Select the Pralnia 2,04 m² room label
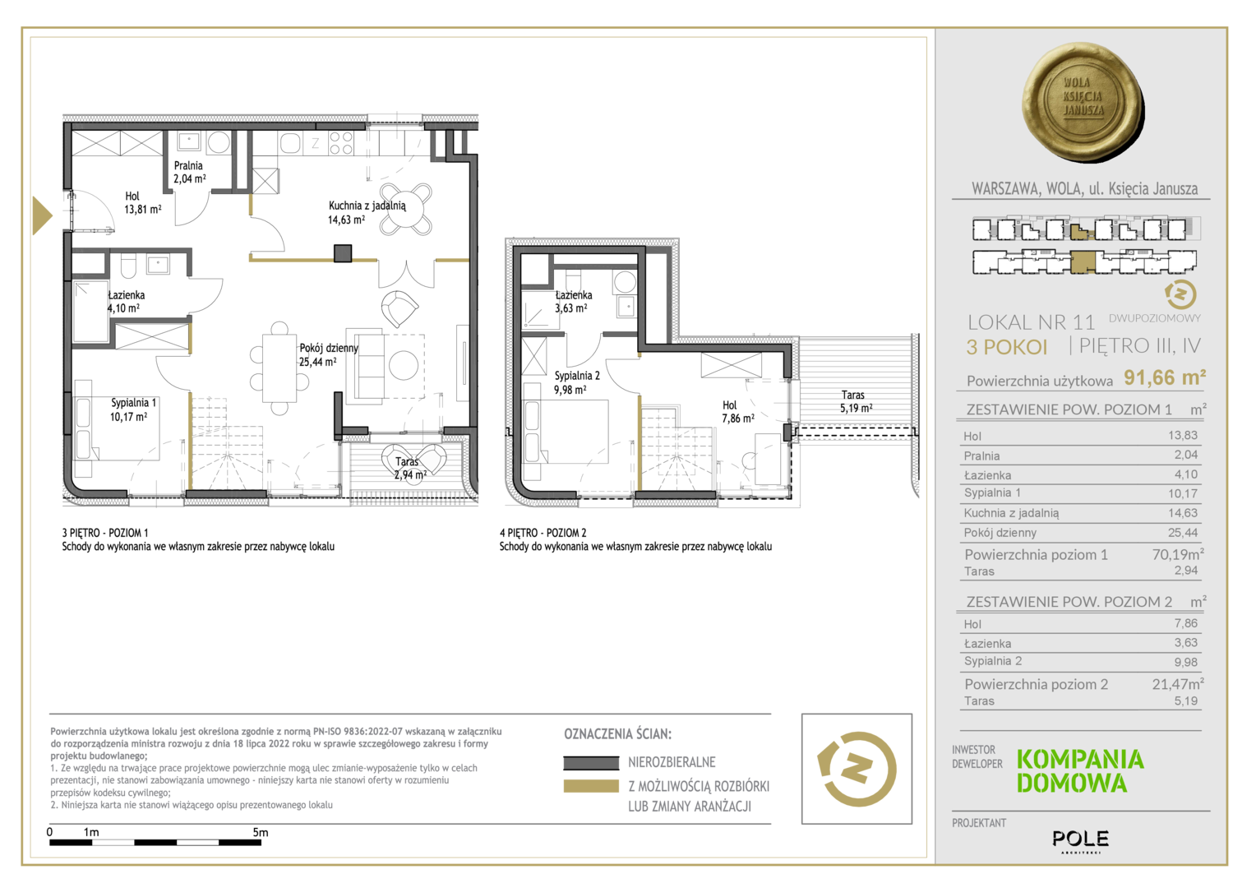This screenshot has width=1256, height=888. point(189,172)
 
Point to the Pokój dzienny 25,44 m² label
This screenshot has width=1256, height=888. point(329,354)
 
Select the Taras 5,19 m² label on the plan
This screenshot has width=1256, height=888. point(855,401)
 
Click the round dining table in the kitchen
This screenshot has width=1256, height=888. point(406,209)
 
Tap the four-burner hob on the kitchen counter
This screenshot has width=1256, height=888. point(341,143)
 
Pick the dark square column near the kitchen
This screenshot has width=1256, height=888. point(343,253)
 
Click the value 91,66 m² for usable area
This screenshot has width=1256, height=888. point(1165,377)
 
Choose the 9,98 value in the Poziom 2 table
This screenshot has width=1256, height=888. point(1186,662)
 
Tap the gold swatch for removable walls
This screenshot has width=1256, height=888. point(591,787)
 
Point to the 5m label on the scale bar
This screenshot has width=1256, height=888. point(261,832)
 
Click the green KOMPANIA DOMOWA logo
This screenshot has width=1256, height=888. point(1080,771)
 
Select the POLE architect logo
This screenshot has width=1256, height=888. point(1080,840)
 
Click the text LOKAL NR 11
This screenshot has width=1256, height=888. point(1031,322)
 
